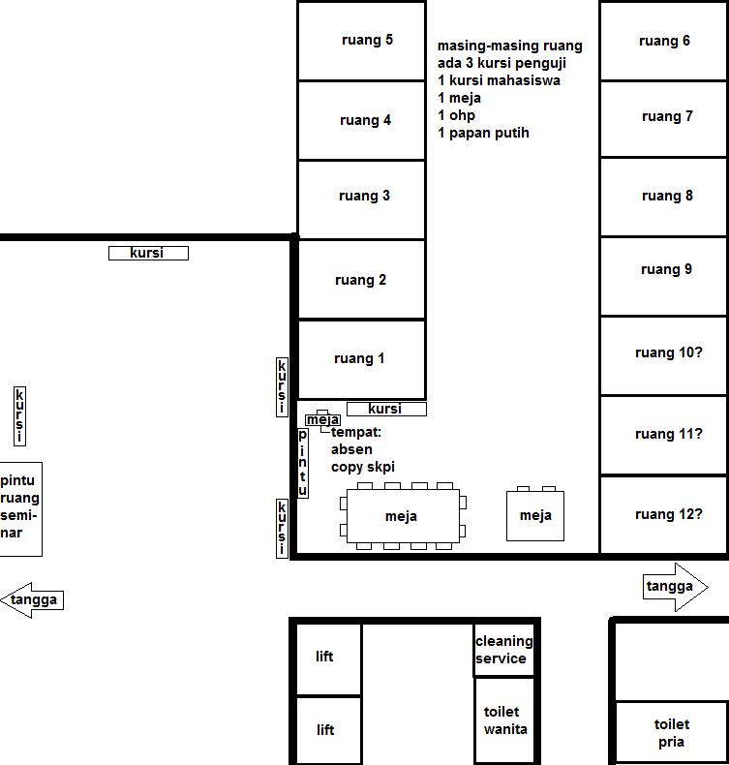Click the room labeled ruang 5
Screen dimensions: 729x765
(x=361, y=41)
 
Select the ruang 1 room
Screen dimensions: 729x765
(x=361, y=359)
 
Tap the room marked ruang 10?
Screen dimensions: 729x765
(x=663, y=355)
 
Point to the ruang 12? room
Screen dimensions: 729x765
(x=663, y=515)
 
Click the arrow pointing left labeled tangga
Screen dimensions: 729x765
(x=32, y=600)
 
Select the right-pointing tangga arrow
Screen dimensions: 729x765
(x=676, y=587)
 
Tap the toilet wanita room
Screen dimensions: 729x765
(x=504, y=720)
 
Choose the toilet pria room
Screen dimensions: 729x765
(x=672, y=733)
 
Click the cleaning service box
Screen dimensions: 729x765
(x=503, y=650)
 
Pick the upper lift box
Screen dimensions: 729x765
(x=328, y=658)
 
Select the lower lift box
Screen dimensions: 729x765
(x=328, y=730)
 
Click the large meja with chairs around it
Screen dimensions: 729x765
(x=403, y=516)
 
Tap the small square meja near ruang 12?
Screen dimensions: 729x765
(x=535, y=516)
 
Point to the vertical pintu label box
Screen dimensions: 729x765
(x=303, y=463)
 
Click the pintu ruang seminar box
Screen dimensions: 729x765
(x=21, y=508)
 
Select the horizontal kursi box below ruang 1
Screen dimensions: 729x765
(x=386, y=409)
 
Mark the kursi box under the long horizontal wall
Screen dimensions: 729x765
(x=148, y=253)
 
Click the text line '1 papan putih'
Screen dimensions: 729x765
(x=483, y=133)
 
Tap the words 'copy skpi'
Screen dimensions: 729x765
(x=363, y=467)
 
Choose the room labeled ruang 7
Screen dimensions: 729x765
(x=663, y=118)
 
